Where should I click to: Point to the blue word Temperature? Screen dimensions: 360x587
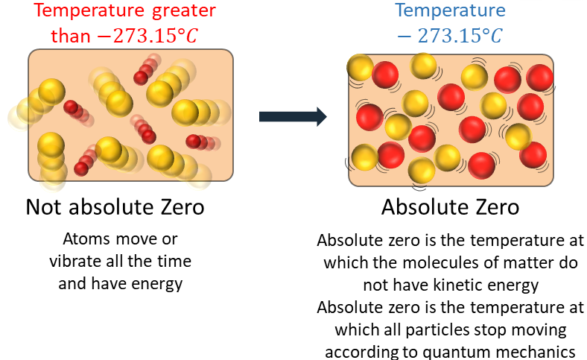(x=450, y=11)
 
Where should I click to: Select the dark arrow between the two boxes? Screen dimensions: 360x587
(x=293, y=116)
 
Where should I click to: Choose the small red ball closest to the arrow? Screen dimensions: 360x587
(x=194, y=141)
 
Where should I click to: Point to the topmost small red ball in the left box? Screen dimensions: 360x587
(x=141, y=78)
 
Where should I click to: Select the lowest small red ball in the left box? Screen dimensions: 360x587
(x=81, y=168)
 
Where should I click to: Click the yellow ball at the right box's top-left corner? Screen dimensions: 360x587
(x=361, y=68)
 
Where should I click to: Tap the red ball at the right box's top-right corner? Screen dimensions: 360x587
(x=539, y=77)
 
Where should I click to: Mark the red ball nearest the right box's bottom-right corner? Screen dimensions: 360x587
(x=533, y=154)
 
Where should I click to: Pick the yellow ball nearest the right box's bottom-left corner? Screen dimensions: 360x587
(x=364, y=157)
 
